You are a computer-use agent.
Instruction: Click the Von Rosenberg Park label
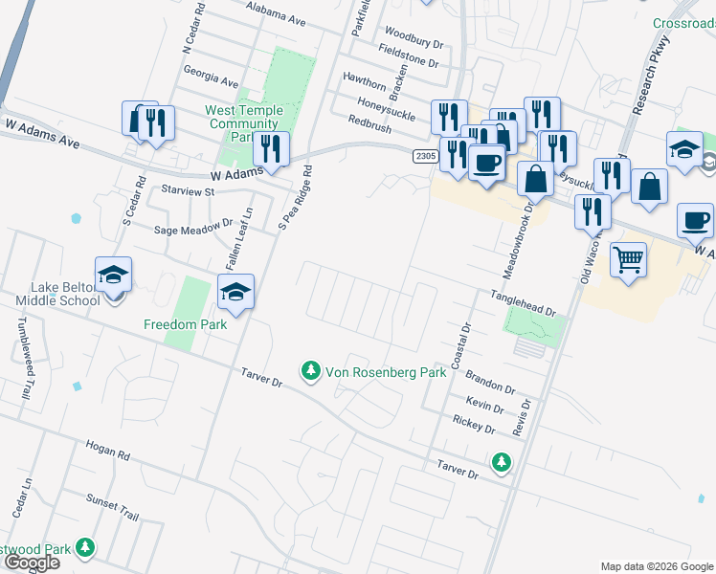coord(386,372)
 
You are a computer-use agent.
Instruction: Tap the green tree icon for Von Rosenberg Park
coord(310,370)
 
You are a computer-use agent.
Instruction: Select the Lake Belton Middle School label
coord(57,294)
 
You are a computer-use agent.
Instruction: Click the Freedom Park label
coord(185,324)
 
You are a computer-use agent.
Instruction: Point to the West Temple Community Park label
coord(242,123)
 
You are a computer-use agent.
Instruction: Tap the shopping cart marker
coord(628,259)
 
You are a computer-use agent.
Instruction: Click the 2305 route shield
coord(426,155)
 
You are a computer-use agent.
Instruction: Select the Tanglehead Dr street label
coord(524,304)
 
